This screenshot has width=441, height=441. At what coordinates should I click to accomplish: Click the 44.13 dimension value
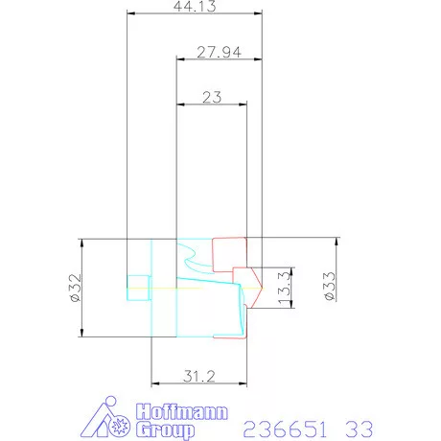[195, 7]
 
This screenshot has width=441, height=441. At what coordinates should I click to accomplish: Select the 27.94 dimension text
[218, 53]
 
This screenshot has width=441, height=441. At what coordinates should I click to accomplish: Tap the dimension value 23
[212, 98]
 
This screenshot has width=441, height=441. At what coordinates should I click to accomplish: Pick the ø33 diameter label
[329, 286]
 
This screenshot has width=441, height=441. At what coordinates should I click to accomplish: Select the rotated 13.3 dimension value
[285, 290]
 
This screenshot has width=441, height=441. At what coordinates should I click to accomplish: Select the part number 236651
[283, 427]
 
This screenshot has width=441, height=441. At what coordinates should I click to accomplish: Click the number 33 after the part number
[358, 427]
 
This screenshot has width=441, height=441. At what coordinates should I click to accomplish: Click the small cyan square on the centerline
[139, 286]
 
